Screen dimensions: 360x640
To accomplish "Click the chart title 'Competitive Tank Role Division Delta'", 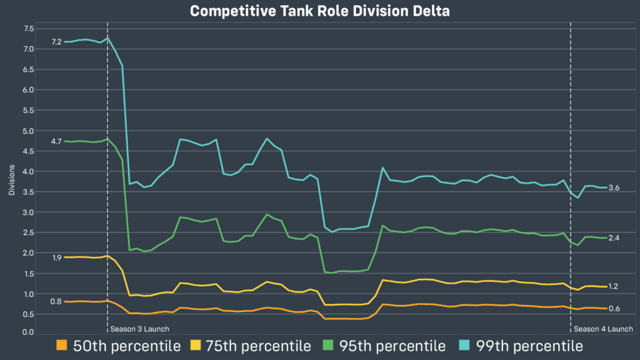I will [320, 11].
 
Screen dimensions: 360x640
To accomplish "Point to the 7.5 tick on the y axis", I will [29, 29].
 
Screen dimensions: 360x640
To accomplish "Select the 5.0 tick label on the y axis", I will [29, 131].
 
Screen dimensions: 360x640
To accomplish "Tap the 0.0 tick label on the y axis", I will [29, 332].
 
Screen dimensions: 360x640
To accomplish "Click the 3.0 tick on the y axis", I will [29, 212].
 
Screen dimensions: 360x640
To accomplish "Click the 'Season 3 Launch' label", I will [139, 329].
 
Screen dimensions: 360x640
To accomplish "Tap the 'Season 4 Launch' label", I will [603, 329].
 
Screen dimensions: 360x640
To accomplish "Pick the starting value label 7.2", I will [56, 42].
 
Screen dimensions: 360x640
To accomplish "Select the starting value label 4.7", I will [56, 141].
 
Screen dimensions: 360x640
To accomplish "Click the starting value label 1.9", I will [56, 257].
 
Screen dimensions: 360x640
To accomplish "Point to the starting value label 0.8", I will [56, 302].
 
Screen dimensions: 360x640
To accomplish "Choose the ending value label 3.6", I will [614, 187].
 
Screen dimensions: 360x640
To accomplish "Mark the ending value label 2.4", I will [614, 237].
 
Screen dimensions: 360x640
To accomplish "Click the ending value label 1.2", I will [614, 286].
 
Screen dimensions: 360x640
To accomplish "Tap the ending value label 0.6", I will [614, 308].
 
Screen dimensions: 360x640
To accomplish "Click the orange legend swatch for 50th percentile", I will [61, 346].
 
